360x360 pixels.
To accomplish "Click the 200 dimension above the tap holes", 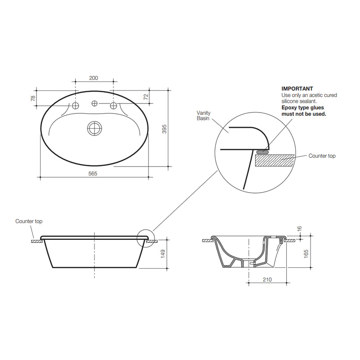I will point(94,78).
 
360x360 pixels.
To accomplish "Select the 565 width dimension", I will point(94,173).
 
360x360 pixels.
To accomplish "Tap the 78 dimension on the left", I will point(33,98).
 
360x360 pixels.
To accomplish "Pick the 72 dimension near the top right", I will point(145,97).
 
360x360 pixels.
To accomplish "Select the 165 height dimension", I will point(306,254).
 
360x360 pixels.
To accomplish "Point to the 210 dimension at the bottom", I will point(268,279).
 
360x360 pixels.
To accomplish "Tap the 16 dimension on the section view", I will point(301,229).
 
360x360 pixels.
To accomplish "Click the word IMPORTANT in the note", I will point(297,89).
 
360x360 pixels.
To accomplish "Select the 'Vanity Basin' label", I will point(204,116).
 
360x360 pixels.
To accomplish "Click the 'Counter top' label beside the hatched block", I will point(322,156).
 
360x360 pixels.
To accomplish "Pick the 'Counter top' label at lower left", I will point(29,221).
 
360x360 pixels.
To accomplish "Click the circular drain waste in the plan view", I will point(94,129).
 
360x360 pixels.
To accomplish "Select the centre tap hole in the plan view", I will point(94,104).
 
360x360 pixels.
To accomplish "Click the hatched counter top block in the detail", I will point(274,159).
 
